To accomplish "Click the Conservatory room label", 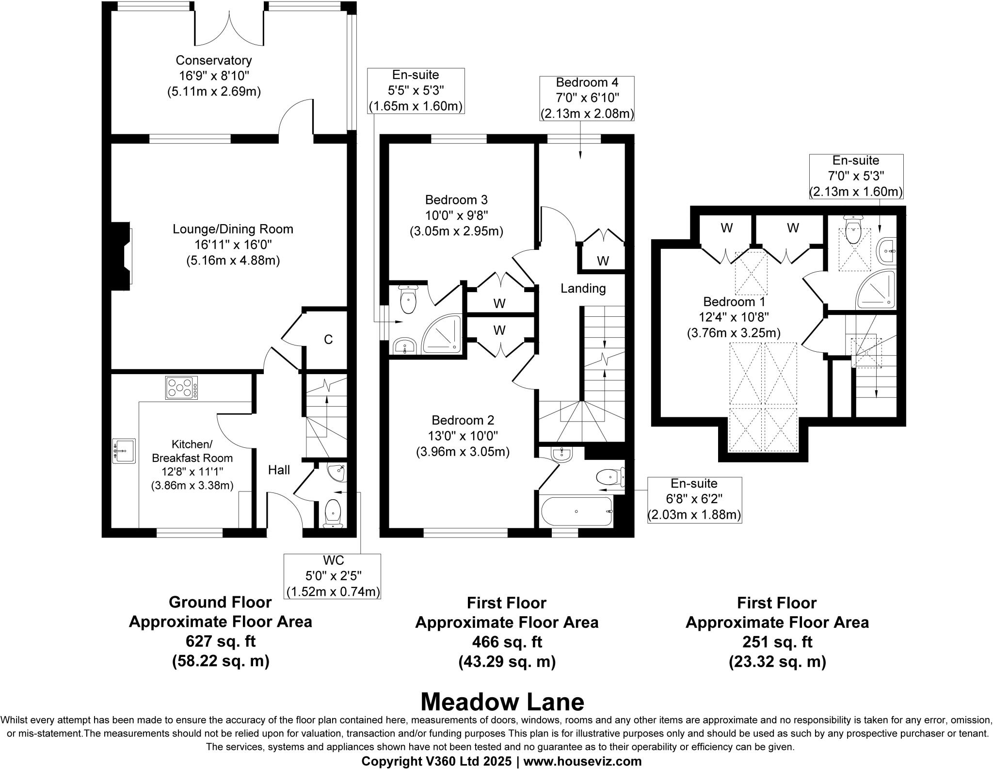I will [213, 61].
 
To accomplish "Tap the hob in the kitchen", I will [181, 388].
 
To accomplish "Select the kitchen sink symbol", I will [124, 451].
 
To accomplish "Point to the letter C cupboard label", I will [328, 340].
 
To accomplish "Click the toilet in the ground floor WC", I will [333, 512].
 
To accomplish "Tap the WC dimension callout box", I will [333, 576].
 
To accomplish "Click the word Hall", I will [279, 470].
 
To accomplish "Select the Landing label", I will [583, 289].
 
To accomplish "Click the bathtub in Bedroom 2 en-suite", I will [576, 511].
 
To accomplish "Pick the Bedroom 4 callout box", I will [587, 98].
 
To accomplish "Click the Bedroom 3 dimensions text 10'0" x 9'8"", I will [456, 215].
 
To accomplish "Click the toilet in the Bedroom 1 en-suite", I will [852, 232].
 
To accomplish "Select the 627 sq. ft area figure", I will [220, 641].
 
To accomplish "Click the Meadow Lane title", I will [502, 702].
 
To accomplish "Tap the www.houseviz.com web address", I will [582, 761].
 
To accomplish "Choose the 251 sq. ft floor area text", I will [777, 642].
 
